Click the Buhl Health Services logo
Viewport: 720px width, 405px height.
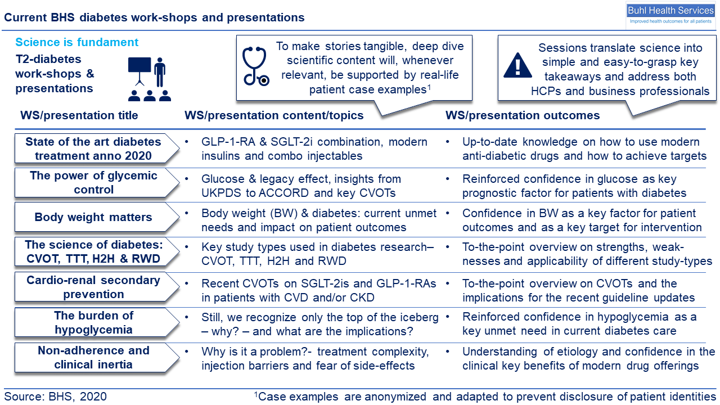670,15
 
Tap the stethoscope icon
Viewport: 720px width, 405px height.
255,66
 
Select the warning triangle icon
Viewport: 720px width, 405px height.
517,65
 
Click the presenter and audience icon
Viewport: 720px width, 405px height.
150,79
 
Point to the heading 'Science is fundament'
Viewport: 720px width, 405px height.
77,42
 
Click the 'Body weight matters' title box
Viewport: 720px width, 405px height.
97,217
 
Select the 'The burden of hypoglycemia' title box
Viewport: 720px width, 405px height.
97,322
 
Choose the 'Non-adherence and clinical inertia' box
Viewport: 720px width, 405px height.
97,357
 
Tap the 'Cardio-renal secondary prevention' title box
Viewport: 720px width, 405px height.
97,287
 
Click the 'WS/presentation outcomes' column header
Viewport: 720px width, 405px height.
523,115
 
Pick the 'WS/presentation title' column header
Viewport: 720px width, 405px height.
79,115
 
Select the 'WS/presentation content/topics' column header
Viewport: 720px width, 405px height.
274,115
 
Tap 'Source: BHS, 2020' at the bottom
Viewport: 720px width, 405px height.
55,397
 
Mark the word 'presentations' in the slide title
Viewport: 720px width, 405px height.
265,17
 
